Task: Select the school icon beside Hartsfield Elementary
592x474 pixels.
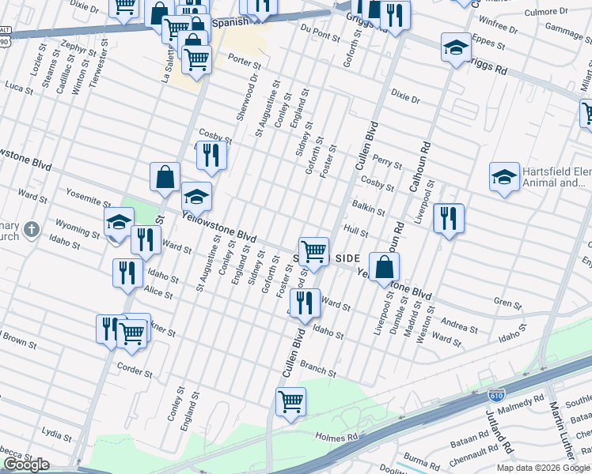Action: (503, 178)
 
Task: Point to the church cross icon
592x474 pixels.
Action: (31, 230)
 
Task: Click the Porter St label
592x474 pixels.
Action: (244, 61)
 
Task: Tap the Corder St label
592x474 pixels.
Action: (134, 369)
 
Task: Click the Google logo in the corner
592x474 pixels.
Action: (26, 465)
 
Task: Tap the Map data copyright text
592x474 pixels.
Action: (543, 468)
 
